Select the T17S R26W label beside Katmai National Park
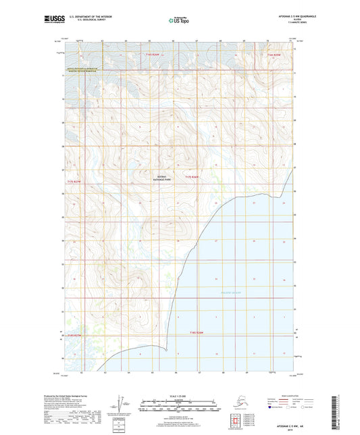tap(192, 178)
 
